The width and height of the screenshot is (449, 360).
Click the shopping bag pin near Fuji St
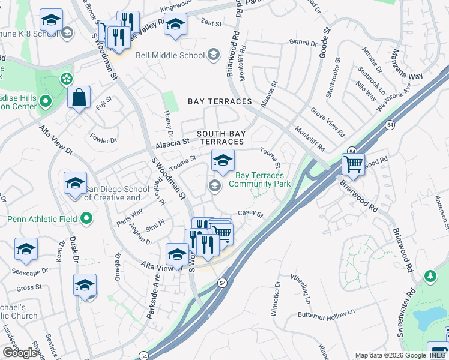click(x=79, y=97)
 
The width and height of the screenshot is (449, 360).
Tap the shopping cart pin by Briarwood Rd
click(x=353, y=163)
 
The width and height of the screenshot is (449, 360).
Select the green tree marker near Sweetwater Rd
click(x=430, y=276)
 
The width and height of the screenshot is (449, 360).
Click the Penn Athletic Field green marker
click(x=86, y=219)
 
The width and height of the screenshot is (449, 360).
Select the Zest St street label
click(x=211, y=23)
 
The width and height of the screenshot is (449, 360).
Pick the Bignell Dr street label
click(x=303, y=43)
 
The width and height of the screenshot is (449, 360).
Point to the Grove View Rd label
click(x=328, y=122)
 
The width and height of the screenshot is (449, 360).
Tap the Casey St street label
click(x=251, y=213)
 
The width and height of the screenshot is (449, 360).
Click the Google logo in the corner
click(x=20, y=353)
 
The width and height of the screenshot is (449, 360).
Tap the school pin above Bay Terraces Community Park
click(x=222, y=160)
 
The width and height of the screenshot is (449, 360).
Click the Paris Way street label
click(x=130, y=217)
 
